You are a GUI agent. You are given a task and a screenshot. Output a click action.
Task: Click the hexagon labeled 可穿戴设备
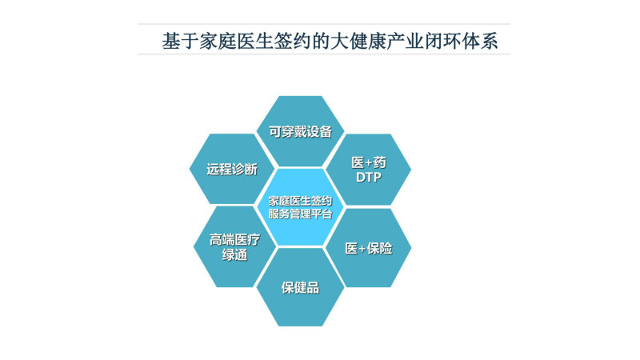point(301,131)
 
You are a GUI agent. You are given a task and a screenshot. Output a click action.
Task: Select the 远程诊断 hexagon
point(231,169)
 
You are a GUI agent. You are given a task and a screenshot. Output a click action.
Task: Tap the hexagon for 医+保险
point(369,248)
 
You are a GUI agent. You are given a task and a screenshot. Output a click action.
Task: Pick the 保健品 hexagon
point(301,287)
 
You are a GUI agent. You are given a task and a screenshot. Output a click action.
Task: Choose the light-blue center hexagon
point(301,207)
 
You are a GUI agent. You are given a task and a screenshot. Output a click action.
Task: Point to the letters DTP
point(369,177)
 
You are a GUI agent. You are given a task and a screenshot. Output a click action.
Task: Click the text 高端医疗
point(234,239)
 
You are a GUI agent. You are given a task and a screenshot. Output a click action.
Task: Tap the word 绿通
point(234,254)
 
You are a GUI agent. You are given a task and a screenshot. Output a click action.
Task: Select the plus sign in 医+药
point(369,163)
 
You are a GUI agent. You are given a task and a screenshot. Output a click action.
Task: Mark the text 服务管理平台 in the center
point(301,214)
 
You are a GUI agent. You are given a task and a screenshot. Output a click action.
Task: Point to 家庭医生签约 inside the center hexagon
point(301,201)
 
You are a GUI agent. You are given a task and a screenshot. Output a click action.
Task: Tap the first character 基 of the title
point(171,42)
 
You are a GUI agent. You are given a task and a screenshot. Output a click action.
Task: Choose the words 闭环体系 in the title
point(462,42)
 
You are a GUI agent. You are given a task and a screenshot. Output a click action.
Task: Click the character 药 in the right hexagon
point(379,163)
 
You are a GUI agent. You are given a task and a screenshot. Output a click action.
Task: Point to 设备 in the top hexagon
point(319,131)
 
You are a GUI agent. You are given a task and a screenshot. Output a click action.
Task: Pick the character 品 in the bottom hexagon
point(313,288)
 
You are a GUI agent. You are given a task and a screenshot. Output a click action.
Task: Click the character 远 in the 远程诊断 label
point(213,169)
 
